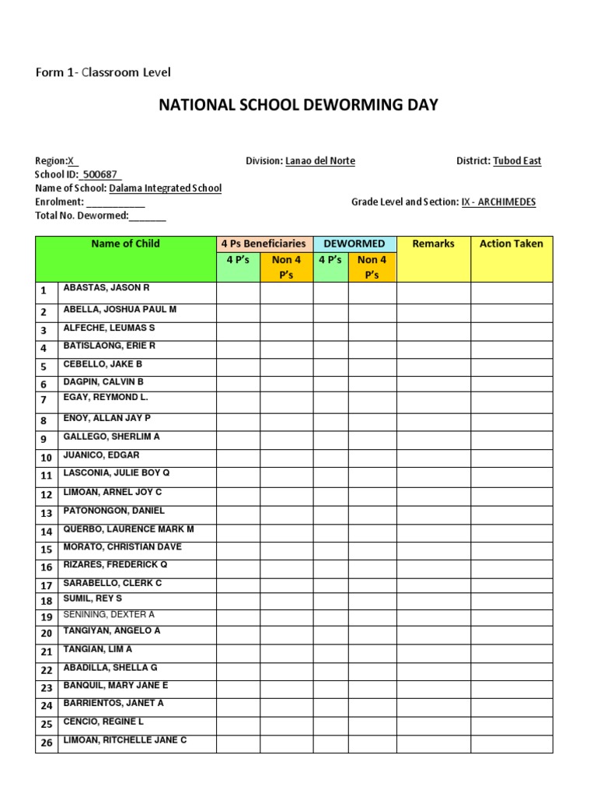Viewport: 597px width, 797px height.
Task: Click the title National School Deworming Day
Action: (x=298, y=104)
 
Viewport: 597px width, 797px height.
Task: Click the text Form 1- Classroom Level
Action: (x=103, y=72)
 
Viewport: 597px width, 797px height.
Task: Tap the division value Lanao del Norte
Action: (x=320, y=161)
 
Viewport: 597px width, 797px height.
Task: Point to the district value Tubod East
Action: (x=517, y=161)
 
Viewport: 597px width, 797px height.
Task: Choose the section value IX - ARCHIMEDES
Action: (x=498, y=202)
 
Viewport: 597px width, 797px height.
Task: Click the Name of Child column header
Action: (x=125, y=244)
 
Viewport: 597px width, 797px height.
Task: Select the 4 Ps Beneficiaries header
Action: (x=264, y=244)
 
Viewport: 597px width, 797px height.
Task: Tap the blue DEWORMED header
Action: (x=354, y=244)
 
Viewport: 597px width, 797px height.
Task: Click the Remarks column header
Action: (x=433, y=244)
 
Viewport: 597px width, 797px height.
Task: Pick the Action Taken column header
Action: (x=511, y=244)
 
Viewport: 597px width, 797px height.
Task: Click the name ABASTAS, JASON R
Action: (x=106, y=288)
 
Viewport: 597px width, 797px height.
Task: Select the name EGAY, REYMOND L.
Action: (x=105, y=398)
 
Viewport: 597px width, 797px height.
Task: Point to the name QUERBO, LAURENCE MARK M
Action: (x=128, y=529)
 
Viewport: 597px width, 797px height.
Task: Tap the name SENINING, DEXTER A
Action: (x=109, y=615)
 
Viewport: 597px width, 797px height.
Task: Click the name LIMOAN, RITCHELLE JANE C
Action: (x=124, y=740)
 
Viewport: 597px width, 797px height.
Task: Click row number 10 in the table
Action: (x=47, y=458)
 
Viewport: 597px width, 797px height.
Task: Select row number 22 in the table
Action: (x=47, y=670)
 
